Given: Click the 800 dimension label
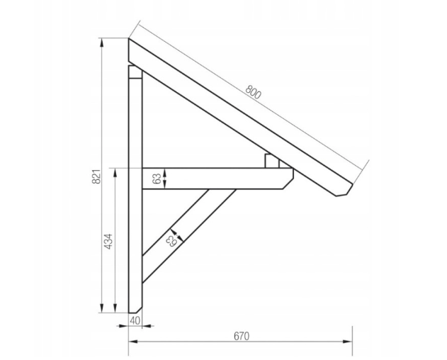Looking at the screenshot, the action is point(253,92).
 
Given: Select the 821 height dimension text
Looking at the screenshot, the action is point(96,176).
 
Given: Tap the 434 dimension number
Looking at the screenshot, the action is point(108,242).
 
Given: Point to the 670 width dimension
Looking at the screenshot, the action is point(242,337).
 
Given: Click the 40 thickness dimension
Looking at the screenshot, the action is point(135,320).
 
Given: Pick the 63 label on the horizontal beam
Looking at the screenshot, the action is point(157,179).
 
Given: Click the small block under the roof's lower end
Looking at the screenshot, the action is point(272,161).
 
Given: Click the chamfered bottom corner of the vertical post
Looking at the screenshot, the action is point(139,310).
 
